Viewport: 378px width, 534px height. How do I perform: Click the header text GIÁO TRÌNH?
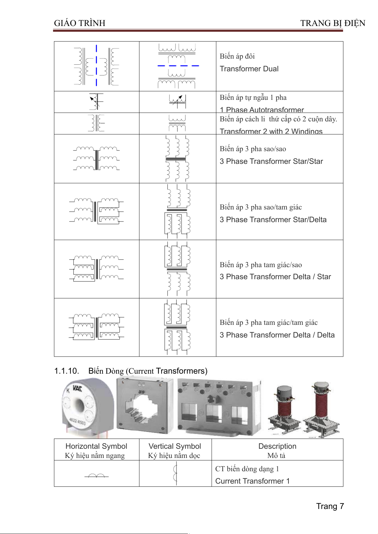pyautogui.click(x=80, y=23)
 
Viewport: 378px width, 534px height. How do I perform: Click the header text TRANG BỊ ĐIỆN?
pyautogui.click(x=333, y=23)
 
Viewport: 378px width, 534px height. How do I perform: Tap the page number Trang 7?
pyautogui.click(x=330, y=506)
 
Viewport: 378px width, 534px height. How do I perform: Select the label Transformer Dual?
pyautogui.click(x=249, y=69)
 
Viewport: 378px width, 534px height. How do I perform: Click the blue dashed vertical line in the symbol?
pyautogui.click(x=96, y=66)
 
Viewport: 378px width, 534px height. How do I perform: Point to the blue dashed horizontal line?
pyautogui.click(x=178, y=66)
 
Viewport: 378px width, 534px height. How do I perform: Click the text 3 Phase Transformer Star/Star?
pyautogui.click(x=271, y=161)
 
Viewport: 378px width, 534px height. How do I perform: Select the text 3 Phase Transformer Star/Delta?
pyautogui.click(x=273, y=220)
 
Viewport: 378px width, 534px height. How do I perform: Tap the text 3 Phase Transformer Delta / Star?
pyautogui.click(x=275, y=277)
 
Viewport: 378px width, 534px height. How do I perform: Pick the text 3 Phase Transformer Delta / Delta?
pyautogui.click(x=277, y=335)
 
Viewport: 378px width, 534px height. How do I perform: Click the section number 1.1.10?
pyautogui.click(x=67, y=371)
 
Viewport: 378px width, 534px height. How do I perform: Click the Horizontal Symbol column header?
pyautogui.click(x=96, y=446)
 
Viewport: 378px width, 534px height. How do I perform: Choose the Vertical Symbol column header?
pyautogui.click(x=175, y=446)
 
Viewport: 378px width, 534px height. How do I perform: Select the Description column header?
pyautogui.click(x=277, y=446)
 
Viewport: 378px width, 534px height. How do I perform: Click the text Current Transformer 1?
pyautogui.click(x=252, y=481)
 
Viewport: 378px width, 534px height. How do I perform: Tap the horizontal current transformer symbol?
pyautogui.click(x=96, y=475)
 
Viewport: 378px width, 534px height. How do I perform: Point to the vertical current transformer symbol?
pyautogui.click(x=175, y=473)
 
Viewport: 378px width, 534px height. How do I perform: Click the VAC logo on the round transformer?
pyautogui.click(x=77, y=388)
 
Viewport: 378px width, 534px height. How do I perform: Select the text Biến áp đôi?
pyautogui.click(x=237, y=56)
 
